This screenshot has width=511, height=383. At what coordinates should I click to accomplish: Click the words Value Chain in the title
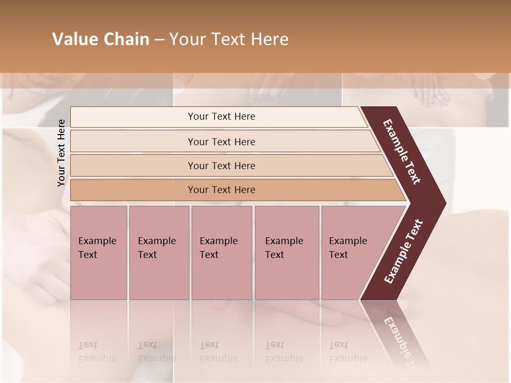click(101, 39)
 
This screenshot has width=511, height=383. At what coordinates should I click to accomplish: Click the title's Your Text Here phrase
click(229, 39)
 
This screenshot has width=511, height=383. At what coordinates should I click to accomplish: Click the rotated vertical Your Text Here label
click(61, 153)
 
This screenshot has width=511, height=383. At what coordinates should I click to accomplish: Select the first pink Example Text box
click(98, 253)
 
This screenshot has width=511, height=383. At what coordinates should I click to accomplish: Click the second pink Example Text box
click(159, 253)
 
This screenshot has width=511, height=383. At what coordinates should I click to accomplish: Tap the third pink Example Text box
click(221, 253)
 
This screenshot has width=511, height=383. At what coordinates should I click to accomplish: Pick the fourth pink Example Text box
click(287, 253)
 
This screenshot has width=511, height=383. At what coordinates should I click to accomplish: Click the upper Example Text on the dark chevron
click(402, 152)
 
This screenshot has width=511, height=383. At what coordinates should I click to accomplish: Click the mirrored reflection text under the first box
click(97, 352)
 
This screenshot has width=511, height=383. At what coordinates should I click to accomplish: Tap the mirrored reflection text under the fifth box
click(348, 352)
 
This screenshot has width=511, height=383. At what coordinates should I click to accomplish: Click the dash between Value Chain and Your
click(159, 40)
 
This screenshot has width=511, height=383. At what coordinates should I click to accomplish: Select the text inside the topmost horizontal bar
click(221, 116)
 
